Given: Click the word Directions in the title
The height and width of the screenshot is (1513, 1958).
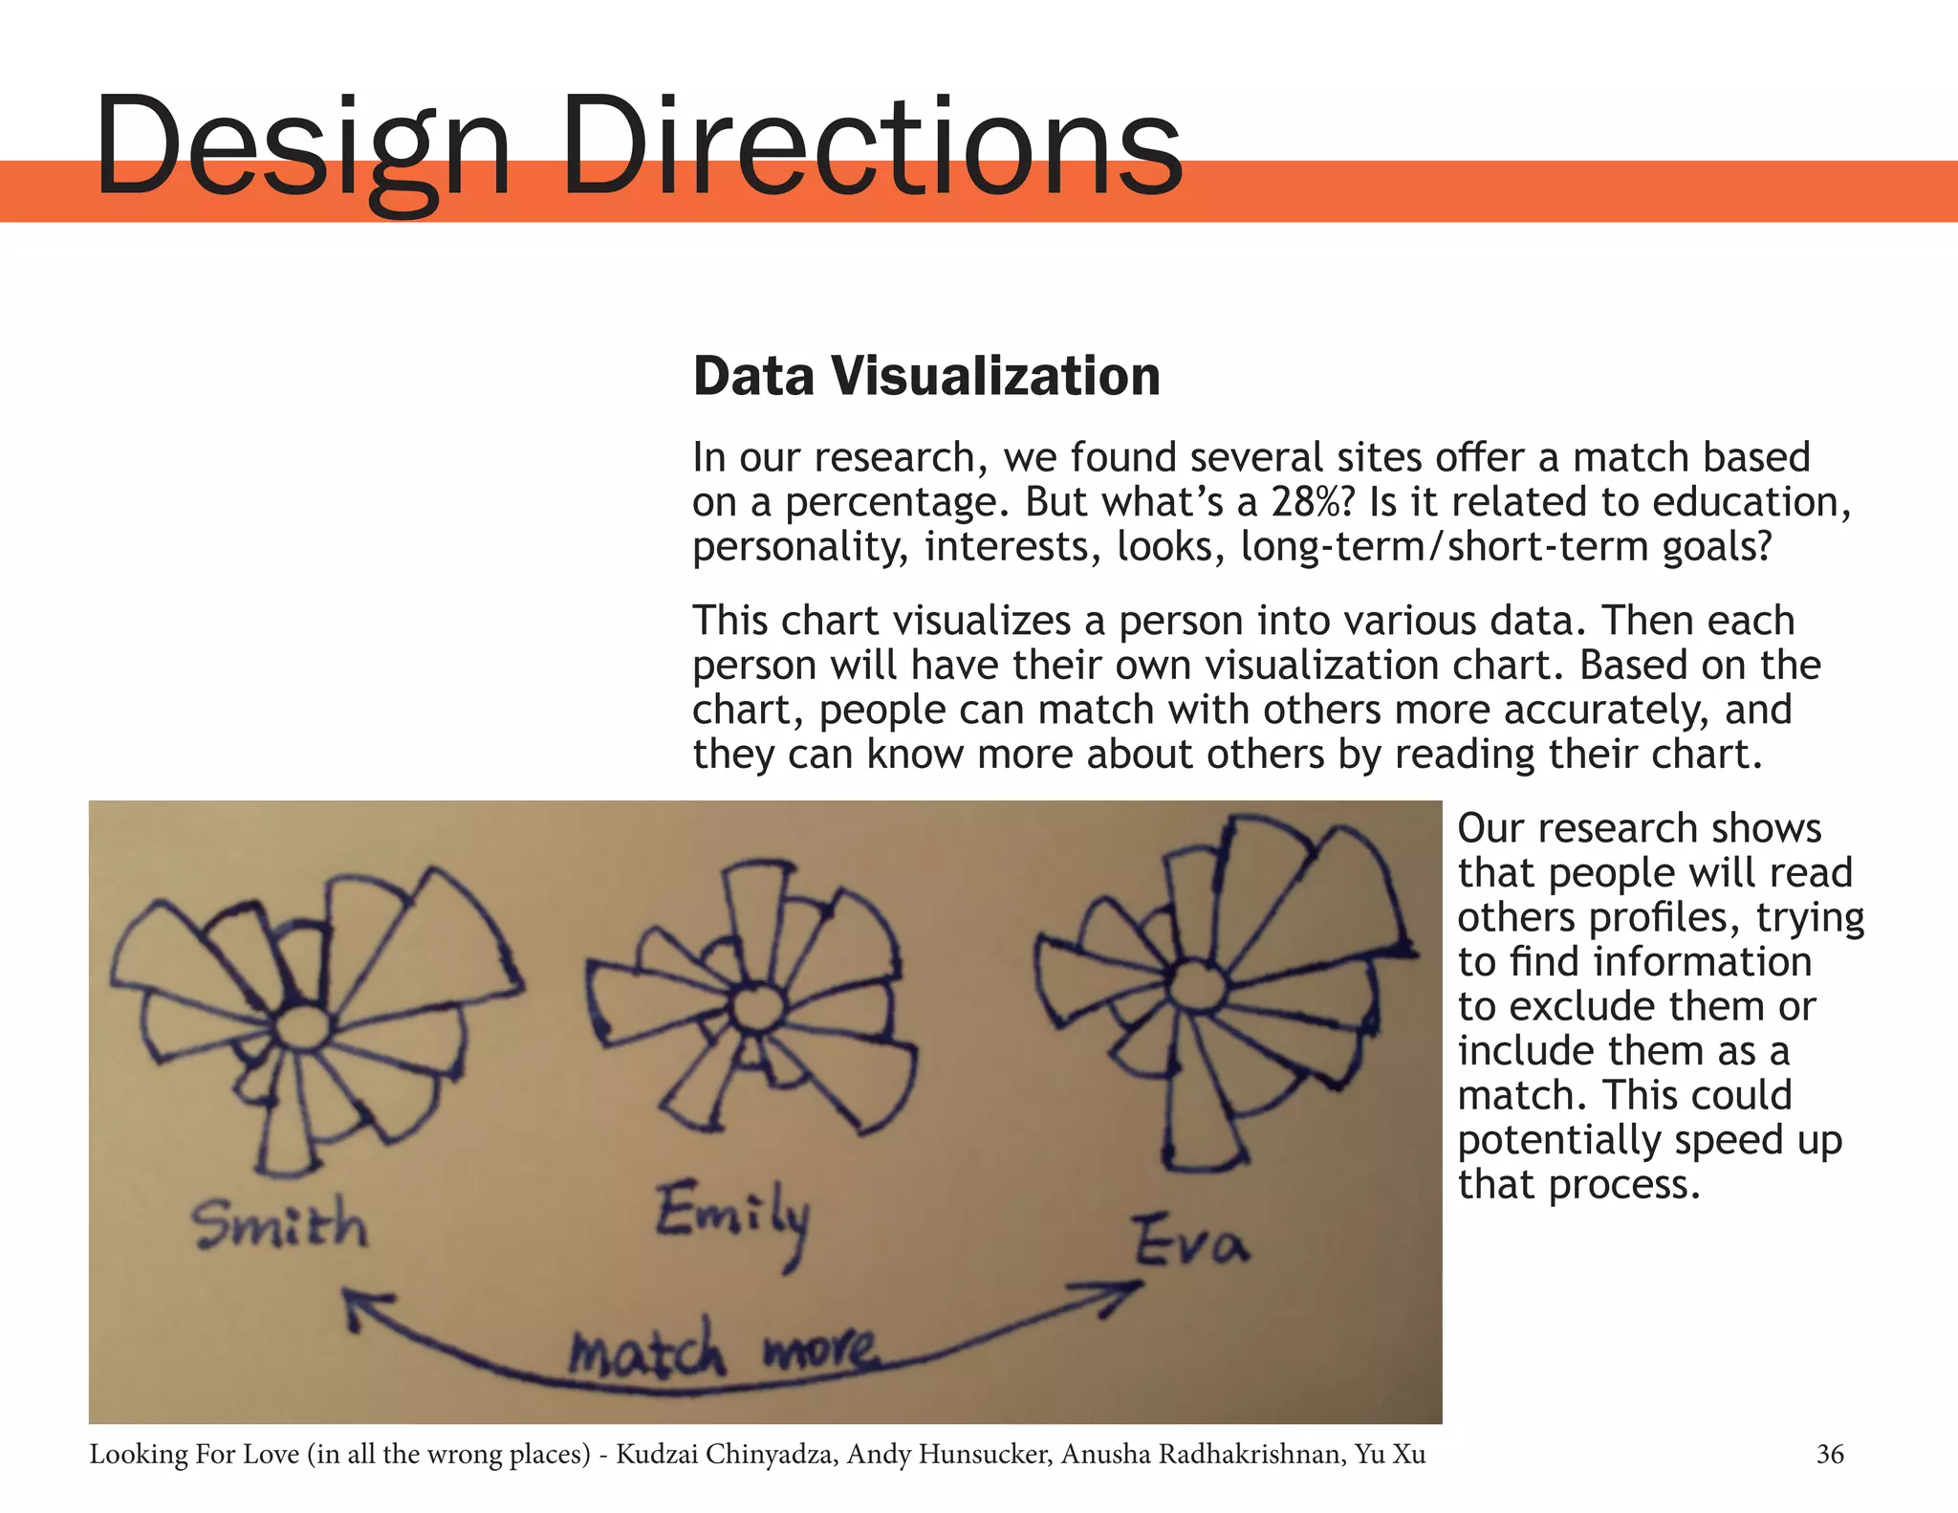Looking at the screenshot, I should [x=872, y=145].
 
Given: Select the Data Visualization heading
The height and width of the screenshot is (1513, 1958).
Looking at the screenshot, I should [x=926, y=376].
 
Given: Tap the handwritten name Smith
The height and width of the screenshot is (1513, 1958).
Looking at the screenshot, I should [x=279, y=1225].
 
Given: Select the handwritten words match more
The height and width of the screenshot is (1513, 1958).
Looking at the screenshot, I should [x=722, y=1349].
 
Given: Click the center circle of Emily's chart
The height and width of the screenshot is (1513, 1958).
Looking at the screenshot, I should [x=757, y=1007].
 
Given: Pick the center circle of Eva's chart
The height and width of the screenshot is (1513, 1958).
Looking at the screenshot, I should [x=1192, y=985].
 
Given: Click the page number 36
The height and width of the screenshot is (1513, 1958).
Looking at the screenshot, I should [x=1829, y=1455].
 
